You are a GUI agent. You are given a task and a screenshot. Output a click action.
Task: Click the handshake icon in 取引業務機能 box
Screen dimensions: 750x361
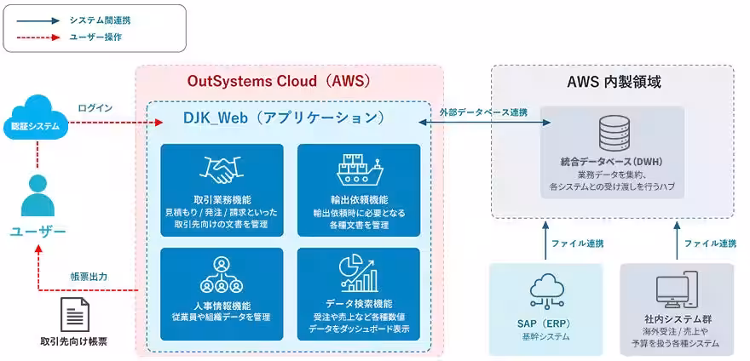tap(222, 169)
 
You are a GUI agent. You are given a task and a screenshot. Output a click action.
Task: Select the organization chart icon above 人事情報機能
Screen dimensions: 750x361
tap(222, 275)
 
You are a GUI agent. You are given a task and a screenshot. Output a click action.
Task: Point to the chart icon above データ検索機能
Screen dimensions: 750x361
tap(359, 275)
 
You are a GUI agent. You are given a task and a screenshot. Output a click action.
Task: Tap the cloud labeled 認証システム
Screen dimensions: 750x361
tap(36, 118)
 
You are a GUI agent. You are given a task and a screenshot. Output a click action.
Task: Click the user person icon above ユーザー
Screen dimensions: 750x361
tap(37, 196)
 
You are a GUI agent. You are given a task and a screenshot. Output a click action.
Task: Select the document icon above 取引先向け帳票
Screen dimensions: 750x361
tap(75, 315)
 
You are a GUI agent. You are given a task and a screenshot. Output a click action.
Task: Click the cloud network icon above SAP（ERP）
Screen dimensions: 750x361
tap(545, 292)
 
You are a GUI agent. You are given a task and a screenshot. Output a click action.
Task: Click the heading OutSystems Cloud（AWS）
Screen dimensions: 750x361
tap(279, 81)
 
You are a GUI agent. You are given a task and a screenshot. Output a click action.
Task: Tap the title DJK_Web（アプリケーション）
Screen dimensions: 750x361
tap(284, 117)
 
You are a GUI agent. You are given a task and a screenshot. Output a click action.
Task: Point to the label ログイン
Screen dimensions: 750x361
tap(95, 108)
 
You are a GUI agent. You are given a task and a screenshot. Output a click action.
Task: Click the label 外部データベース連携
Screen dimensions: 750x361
tap(483, 113)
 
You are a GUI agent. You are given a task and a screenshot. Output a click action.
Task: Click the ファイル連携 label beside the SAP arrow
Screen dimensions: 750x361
tap(577, 244)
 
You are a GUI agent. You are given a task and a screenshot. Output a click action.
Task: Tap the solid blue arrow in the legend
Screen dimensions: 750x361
tap(38, 21)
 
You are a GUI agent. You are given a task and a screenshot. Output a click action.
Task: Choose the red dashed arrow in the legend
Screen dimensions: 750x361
tap(38, 37)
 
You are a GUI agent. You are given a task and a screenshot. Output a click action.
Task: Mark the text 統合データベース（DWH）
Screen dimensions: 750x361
tap(612, 162)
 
